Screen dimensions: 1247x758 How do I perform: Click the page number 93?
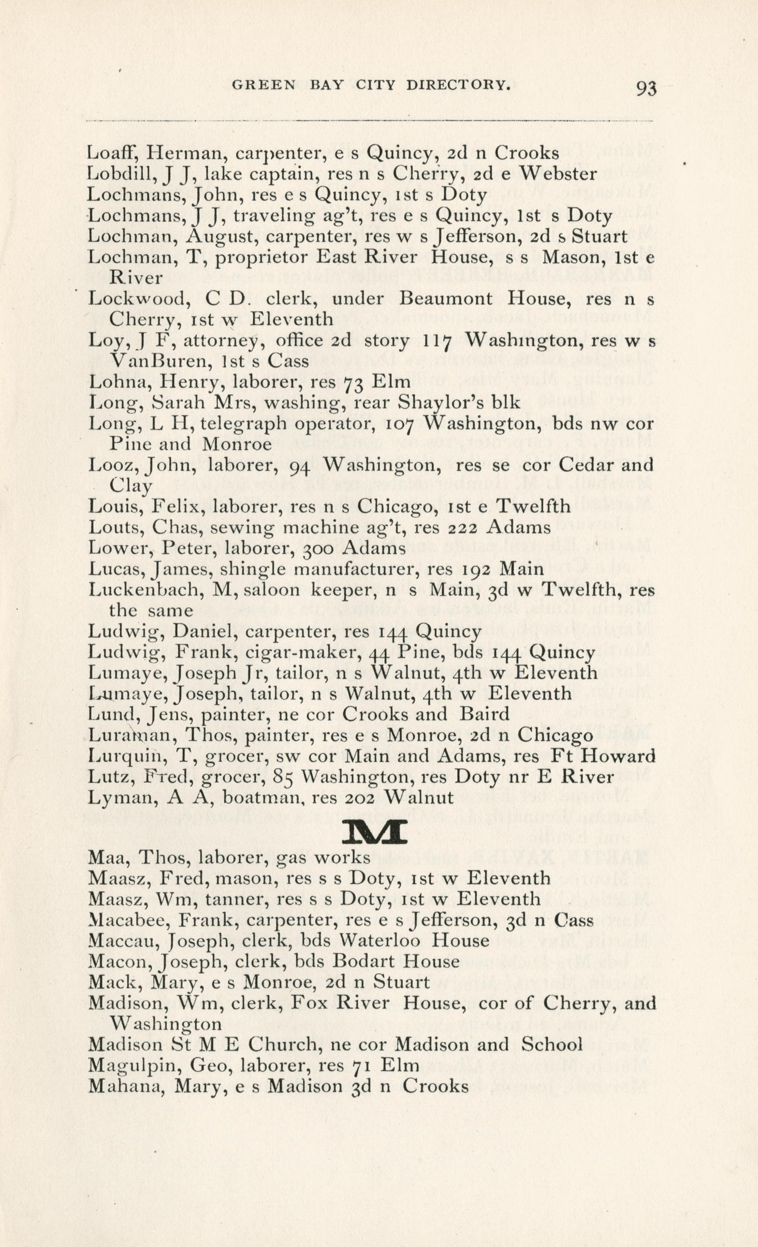(646, 89)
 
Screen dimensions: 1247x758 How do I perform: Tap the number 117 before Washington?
(439, 340)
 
